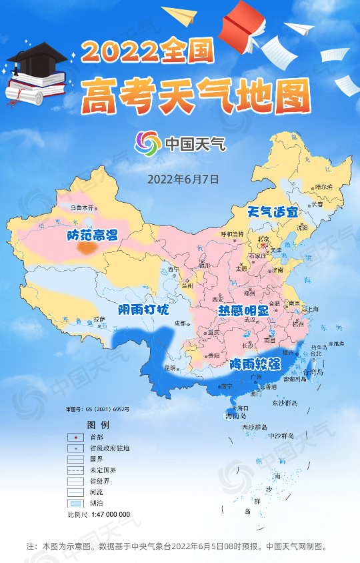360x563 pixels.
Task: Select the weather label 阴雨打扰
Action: pyautogui.click(x=143, y=311)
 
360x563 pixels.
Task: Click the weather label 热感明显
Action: pyautogui.click(x=244, y=312)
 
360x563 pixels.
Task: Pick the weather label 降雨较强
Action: pyautogui.click(x=255, y=364)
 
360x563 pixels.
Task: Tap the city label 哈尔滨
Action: pyautogui.click(x=323, y=187)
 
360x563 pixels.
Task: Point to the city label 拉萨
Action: pyautogui.click(x=100, y=319)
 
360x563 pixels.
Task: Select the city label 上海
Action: pyautogui.click(x=313, y=310)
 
